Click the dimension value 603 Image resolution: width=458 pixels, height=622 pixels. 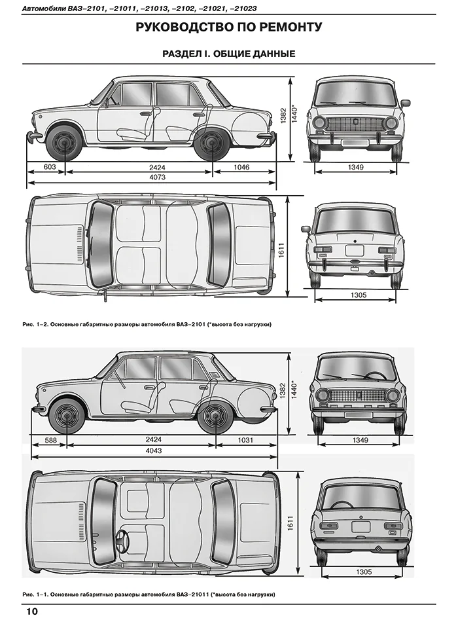click(50, 167)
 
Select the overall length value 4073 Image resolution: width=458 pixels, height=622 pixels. click(157, 177)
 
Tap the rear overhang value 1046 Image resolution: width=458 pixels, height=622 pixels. click(241, 167)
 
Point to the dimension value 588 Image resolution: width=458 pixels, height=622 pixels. click(51, 440)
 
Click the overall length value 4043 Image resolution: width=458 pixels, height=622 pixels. click(154, 450)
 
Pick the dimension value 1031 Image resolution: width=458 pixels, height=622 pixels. click(245, 440)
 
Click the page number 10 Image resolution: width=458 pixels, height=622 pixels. click(31, 612)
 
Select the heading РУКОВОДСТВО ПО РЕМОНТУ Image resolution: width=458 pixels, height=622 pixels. click(229, 27)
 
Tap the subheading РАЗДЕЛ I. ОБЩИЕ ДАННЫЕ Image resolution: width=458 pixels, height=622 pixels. click(229, 54)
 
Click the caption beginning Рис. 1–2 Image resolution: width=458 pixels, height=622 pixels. click(147, 325)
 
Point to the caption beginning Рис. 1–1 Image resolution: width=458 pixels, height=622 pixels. click(149, 595)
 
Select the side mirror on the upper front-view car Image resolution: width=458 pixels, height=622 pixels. click(405, 104)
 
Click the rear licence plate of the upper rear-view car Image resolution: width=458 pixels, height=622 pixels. click(354, 250)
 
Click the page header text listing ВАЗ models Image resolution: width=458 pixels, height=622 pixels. click(139, 9)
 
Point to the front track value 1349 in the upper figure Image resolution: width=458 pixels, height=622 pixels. click(356, 167)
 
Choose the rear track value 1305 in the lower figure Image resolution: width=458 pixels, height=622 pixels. click(364, 572)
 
